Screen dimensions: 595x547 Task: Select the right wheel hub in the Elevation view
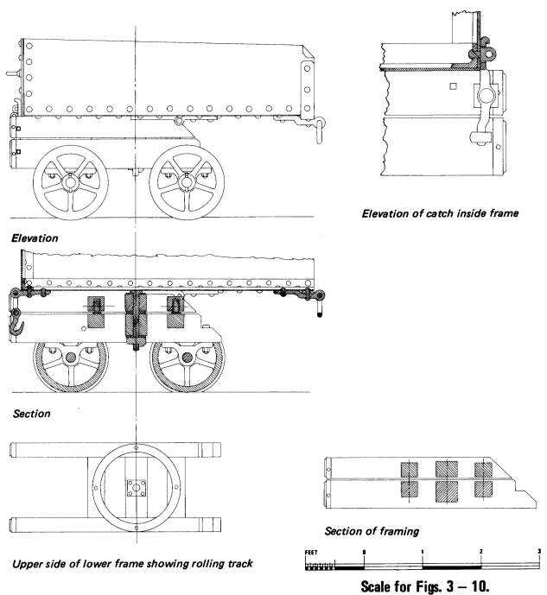[187, 184]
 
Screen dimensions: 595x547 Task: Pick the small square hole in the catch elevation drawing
[454, 85]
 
